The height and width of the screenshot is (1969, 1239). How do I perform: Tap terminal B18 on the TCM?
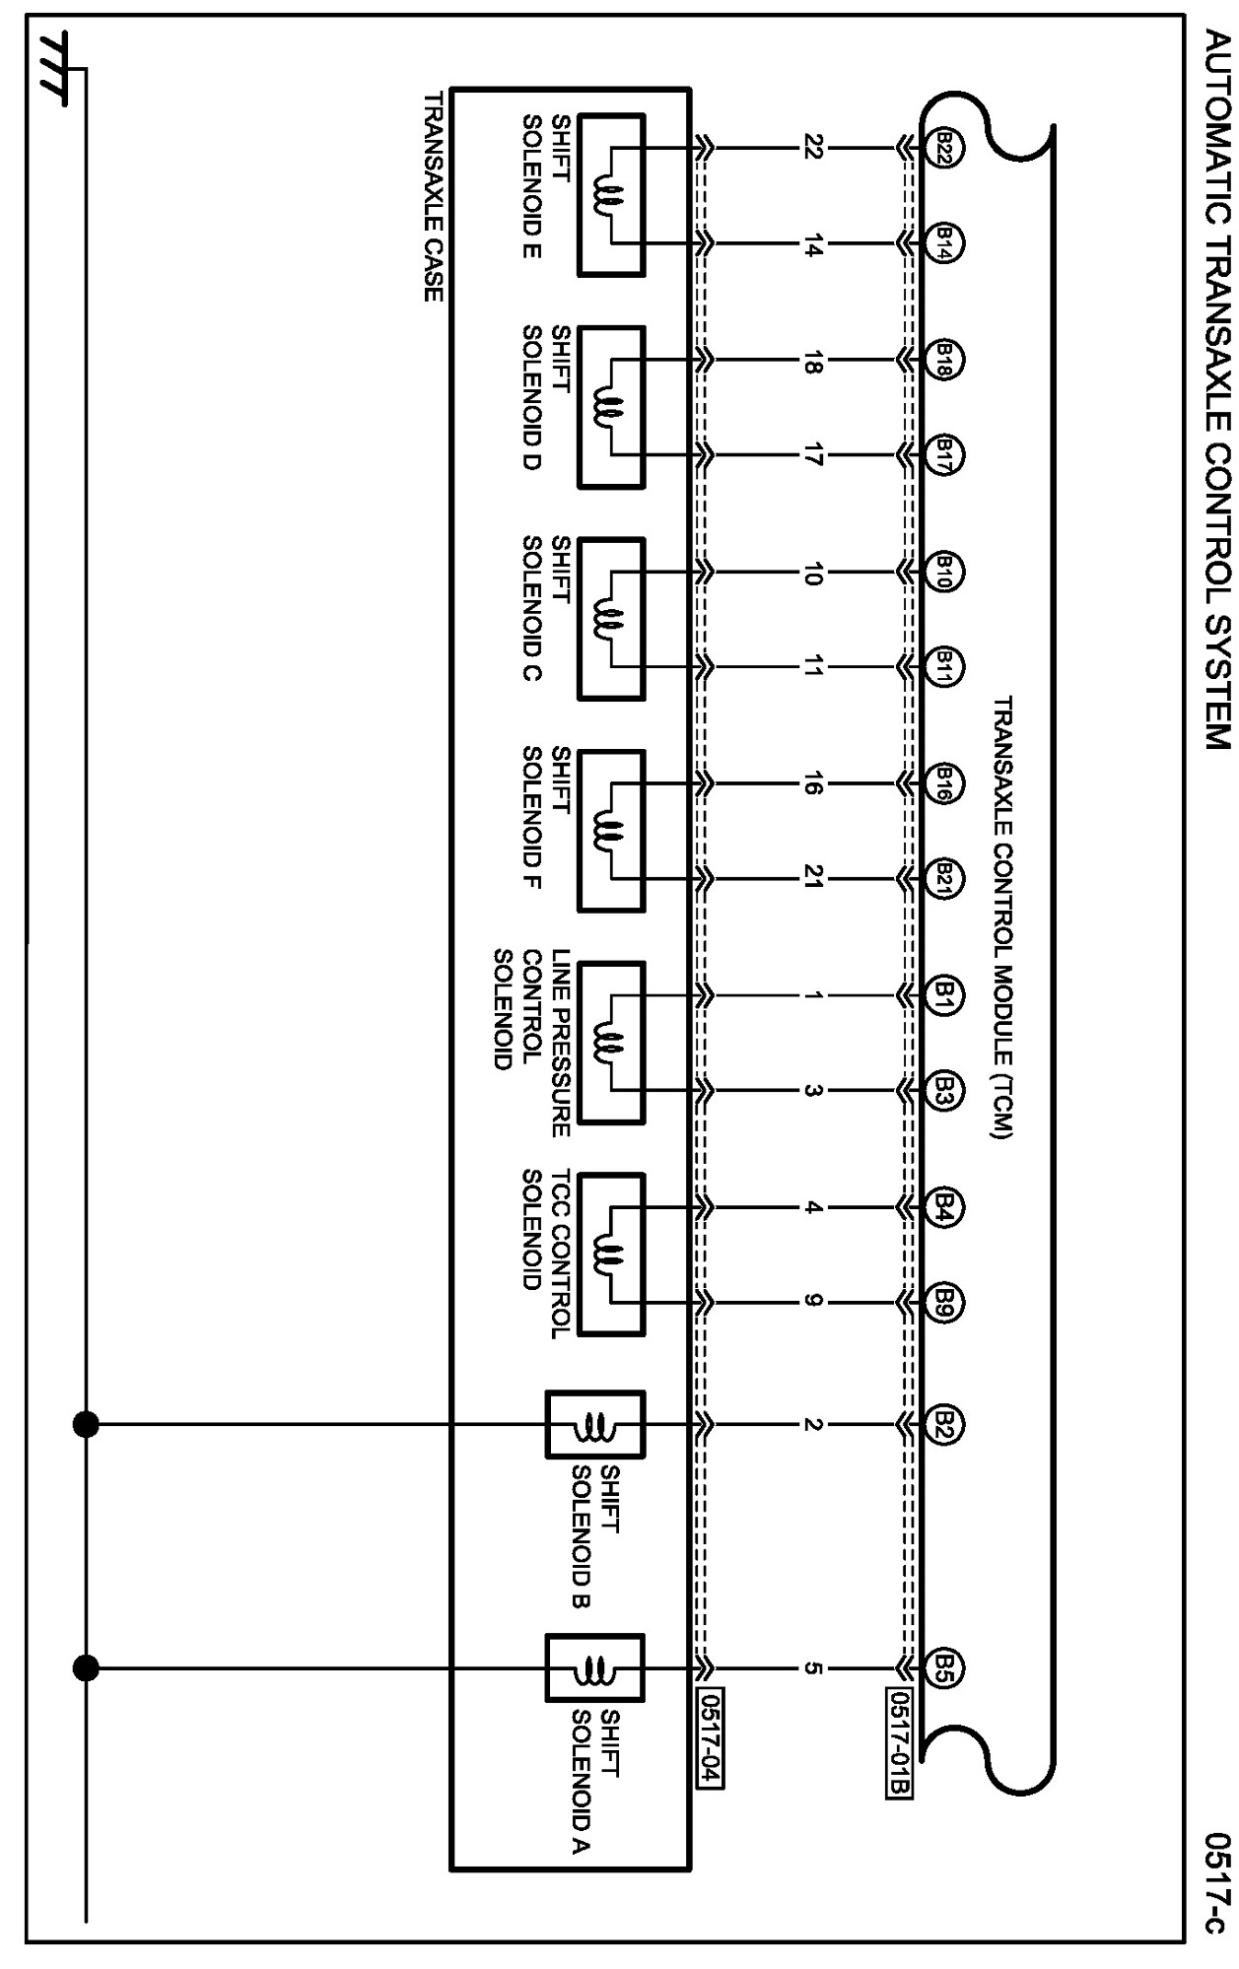943,362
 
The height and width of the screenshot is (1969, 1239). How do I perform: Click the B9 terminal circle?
943,1303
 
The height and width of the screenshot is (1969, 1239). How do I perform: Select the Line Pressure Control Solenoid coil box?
611,1043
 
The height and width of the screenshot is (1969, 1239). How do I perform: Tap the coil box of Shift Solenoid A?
595,1668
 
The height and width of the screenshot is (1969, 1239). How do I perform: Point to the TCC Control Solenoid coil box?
611,1255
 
